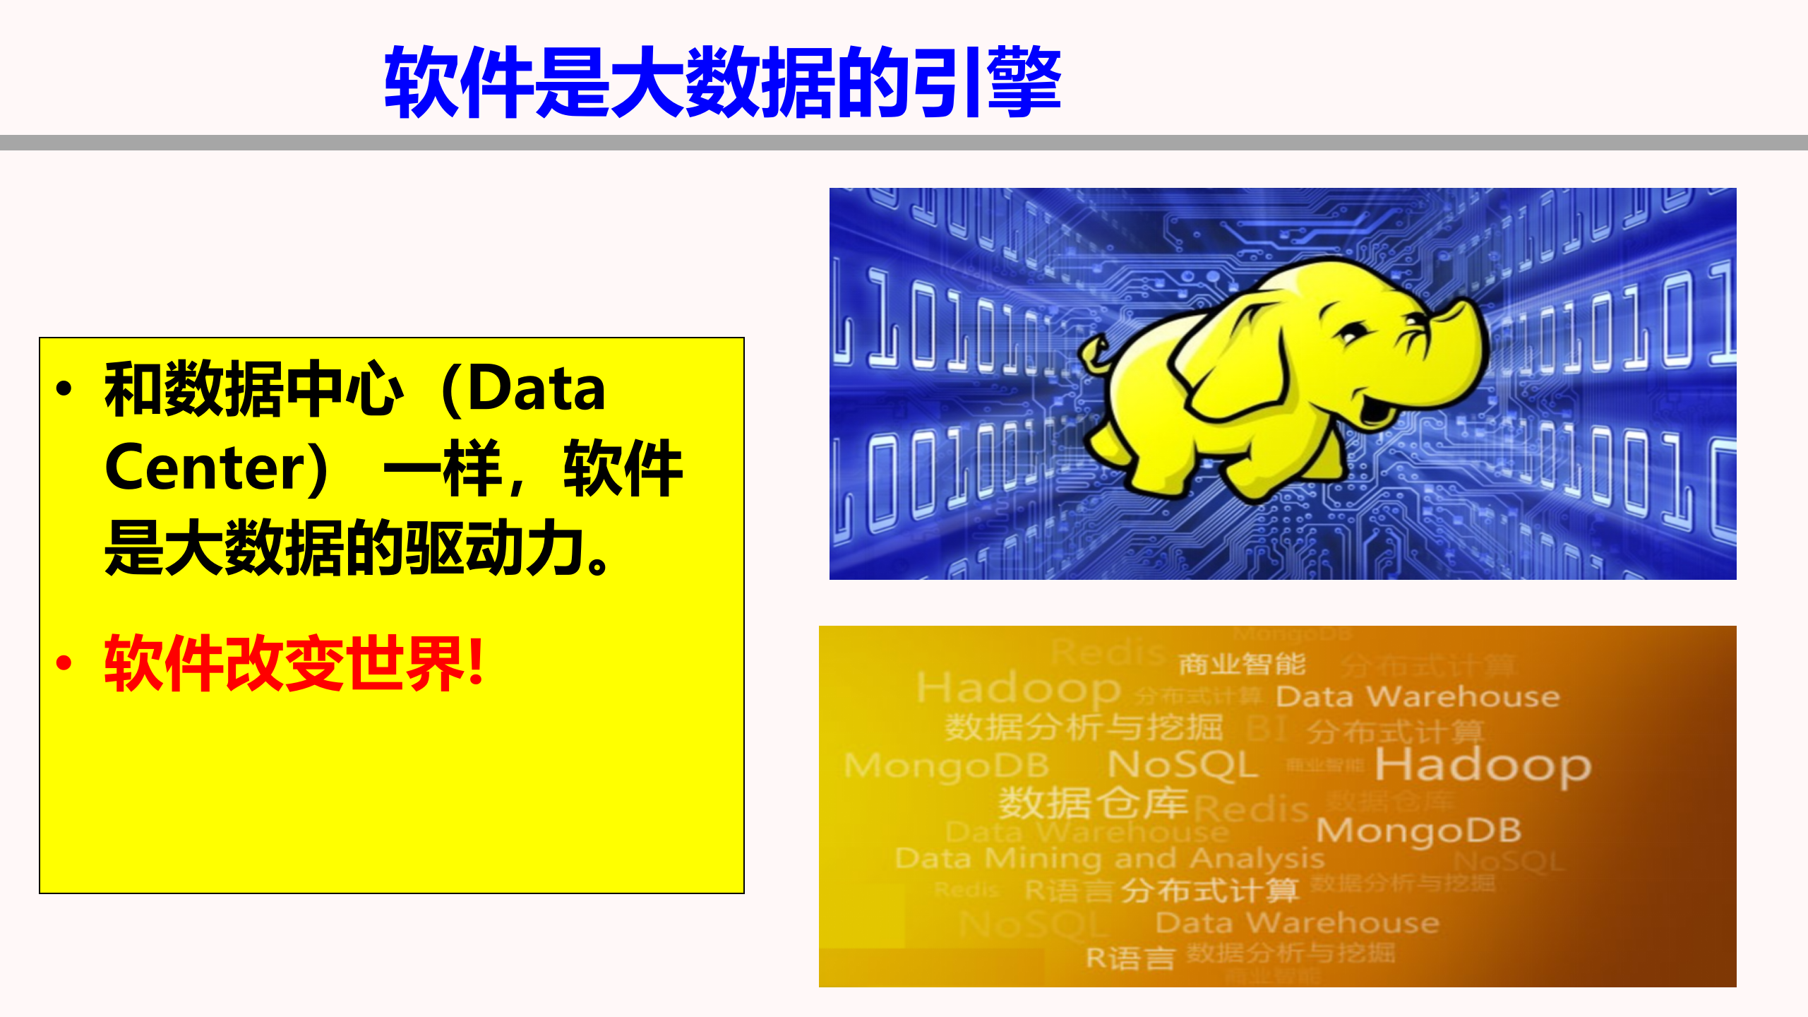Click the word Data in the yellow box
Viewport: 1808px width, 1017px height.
pos(537,390)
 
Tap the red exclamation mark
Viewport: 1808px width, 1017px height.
pos(477,662)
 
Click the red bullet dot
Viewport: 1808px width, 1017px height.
pos(64,663)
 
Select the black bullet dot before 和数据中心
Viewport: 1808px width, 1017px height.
pos(64,389)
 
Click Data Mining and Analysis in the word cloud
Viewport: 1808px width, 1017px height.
pos(1109,859)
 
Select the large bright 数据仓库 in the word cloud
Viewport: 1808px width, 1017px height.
pos(1093,802)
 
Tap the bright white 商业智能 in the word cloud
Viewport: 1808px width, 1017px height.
pos(1242,665)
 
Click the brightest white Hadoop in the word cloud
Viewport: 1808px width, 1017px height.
pos(1483,766)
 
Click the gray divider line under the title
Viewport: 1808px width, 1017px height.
pos(904,143)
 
